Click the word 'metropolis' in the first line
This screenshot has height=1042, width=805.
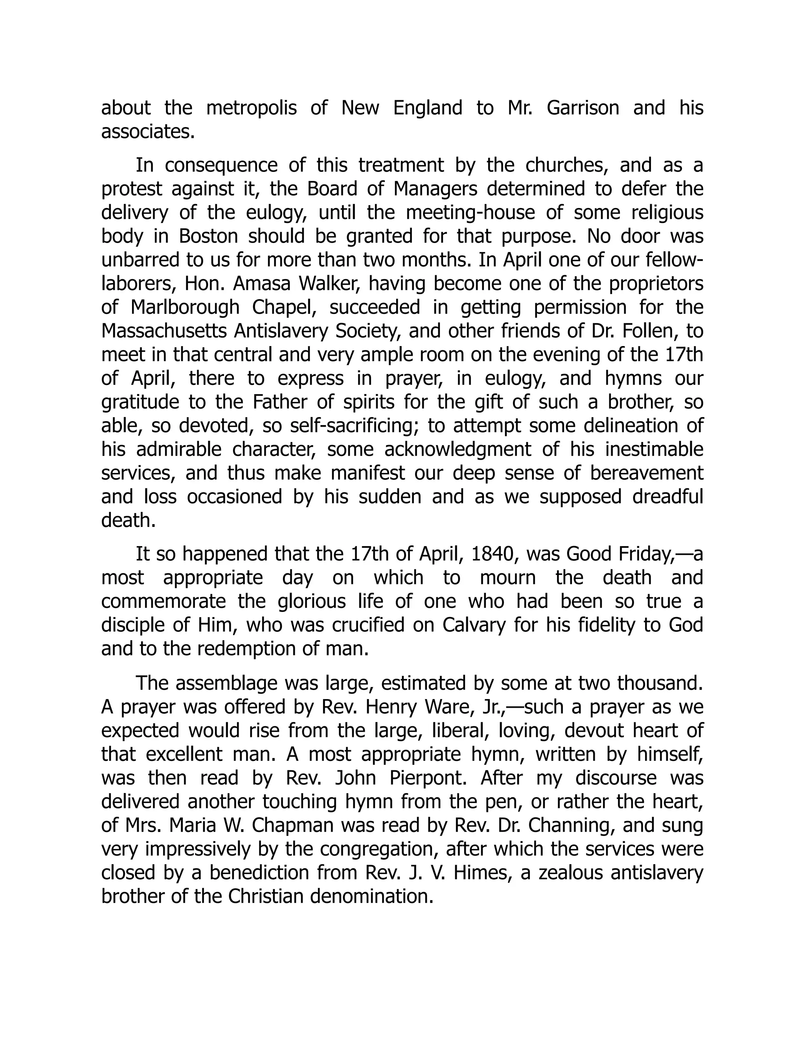point(251,108)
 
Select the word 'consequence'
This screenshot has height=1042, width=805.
point(221,166)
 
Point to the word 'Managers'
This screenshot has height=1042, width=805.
point(436,189)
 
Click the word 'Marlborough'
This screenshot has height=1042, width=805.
point(185,307)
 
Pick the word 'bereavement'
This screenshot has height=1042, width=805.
point(647,473)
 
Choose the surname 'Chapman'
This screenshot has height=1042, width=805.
point(293,825)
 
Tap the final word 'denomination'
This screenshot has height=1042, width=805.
point(371,896)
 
